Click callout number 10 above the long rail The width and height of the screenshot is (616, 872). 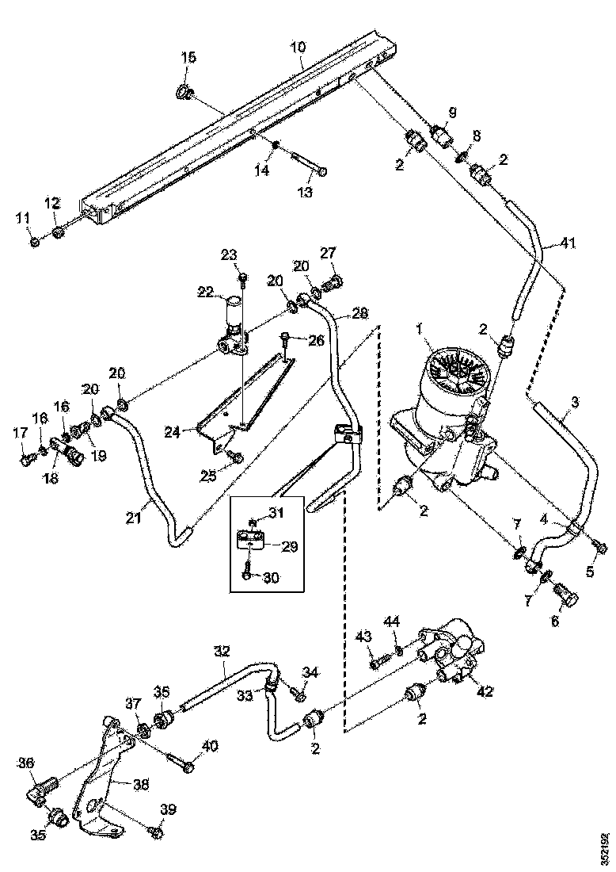(x=297, y=48)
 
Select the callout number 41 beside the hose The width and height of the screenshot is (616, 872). (x=567, y=244)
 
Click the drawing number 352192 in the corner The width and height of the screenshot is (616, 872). (x=604, y=848)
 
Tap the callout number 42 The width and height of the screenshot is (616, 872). (x=484, y=691)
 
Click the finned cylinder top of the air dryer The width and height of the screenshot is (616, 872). (x=458, y=374)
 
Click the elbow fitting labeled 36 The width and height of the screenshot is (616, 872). (x=42, y=786)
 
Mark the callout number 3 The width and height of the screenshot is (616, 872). (x=574, y=402)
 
